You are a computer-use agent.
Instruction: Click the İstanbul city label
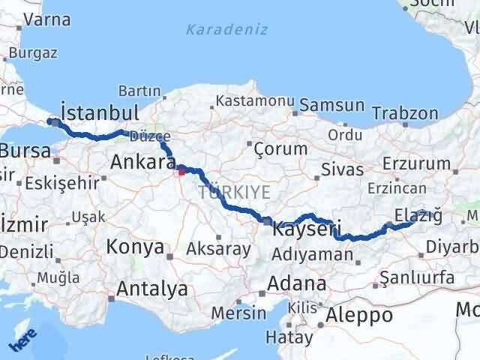click(100, 113)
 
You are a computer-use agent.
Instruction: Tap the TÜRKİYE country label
click(235, 193)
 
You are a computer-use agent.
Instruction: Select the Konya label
click(135, 246)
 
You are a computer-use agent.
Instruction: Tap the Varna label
click(46, 19)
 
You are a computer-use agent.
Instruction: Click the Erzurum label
click(416, 163)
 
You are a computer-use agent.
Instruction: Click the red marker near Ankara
click(181, 172)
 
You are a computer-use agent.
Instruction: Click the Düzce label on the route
click(150, 136)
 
